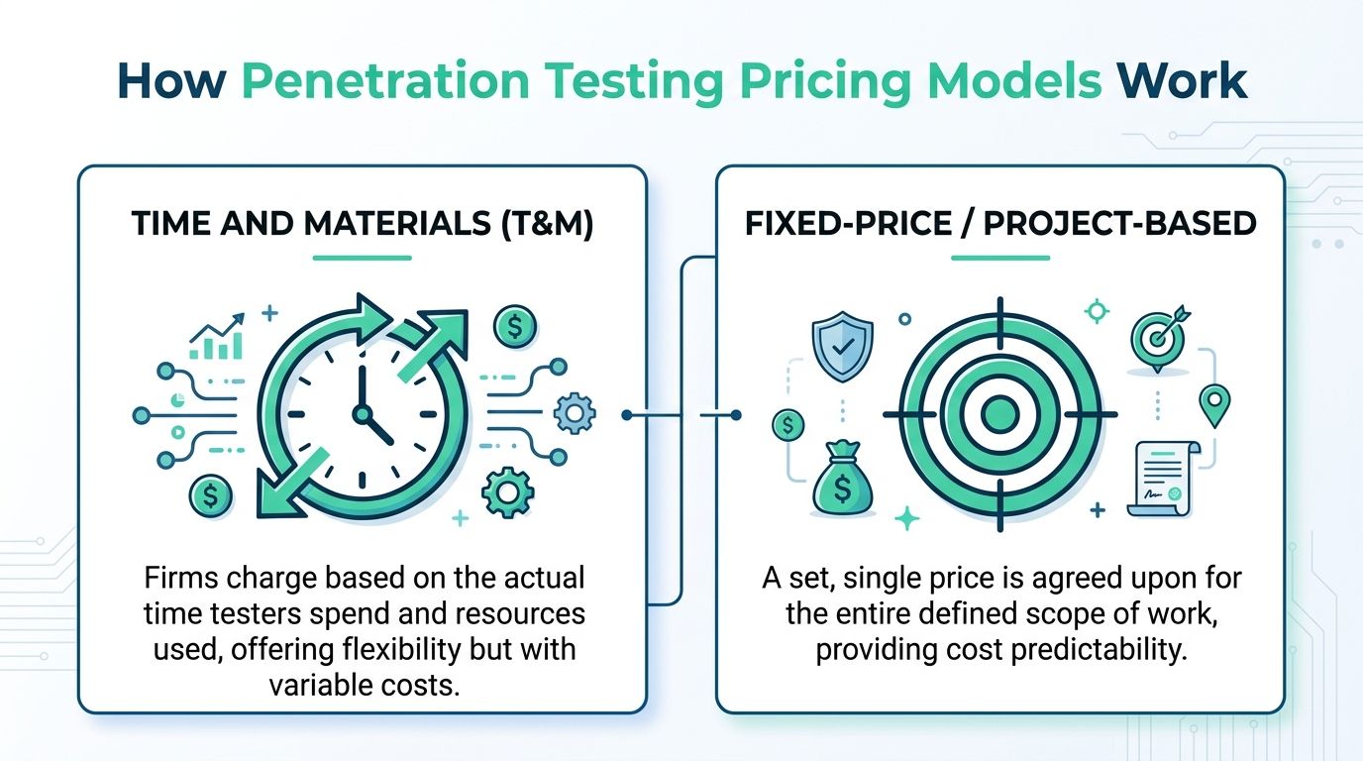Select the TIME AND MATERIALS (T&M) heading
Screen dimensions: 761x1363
point(362,224)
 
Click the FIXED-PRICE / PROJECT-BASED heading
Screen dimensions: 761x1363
point(1000,224)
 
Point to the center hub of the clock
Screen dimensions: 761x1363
point(362,412)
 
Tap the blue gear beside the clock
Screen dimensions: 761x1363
point(573,413)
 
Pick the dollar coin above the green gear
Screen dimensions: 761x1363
point(514,326)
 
